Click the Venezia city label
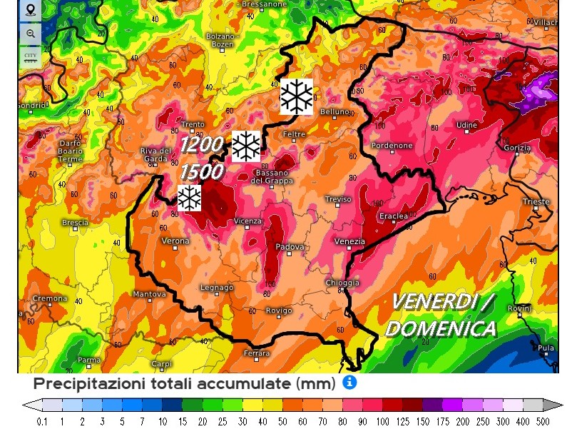[349, 242]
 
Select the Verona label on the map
[176, 241]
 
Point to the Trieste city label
[536, 202]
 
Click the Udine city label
[466, 126]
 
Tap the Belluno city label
[334, 112]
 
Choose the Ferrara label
[257, 353]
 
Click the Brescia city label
[75, 223]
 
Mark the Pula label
[546, 348]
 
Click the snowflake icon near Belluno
[296, 96]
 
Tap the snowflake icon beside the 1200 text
[246, 146]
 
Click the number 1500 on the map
[202, 172]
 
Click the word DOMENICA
[440, 328]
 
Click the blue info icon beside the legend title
[349, 383]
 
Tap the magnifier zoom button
[30, 34]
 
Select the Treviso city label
[338, 199]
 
